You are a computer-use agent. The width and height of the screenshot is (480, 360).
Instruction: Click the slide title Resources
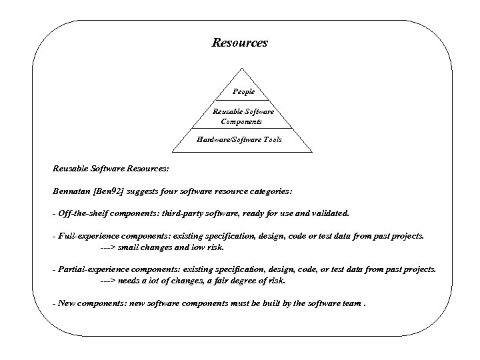pos(239,43)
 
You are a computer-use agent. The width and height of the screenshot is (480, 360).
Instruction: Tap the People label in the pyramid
pos(243,91)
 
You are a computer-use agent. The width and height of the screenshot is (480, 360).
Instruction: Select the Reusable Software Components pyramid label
pos(242,117)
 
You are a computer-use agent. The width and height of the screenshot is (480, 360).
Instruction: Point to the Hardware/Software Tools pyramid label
pos(239,139)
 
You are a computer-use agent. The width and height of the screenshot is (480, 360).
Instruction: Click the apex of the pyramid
pos(241,67)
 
